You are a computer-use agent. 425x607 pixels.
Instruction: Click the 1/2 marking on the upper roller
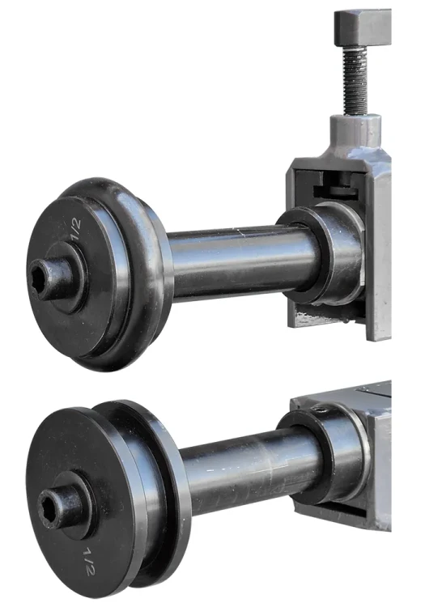[x=76, y=229]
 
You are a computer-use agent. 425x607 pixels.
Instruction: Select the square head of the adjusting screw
[x=363, y=29]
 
